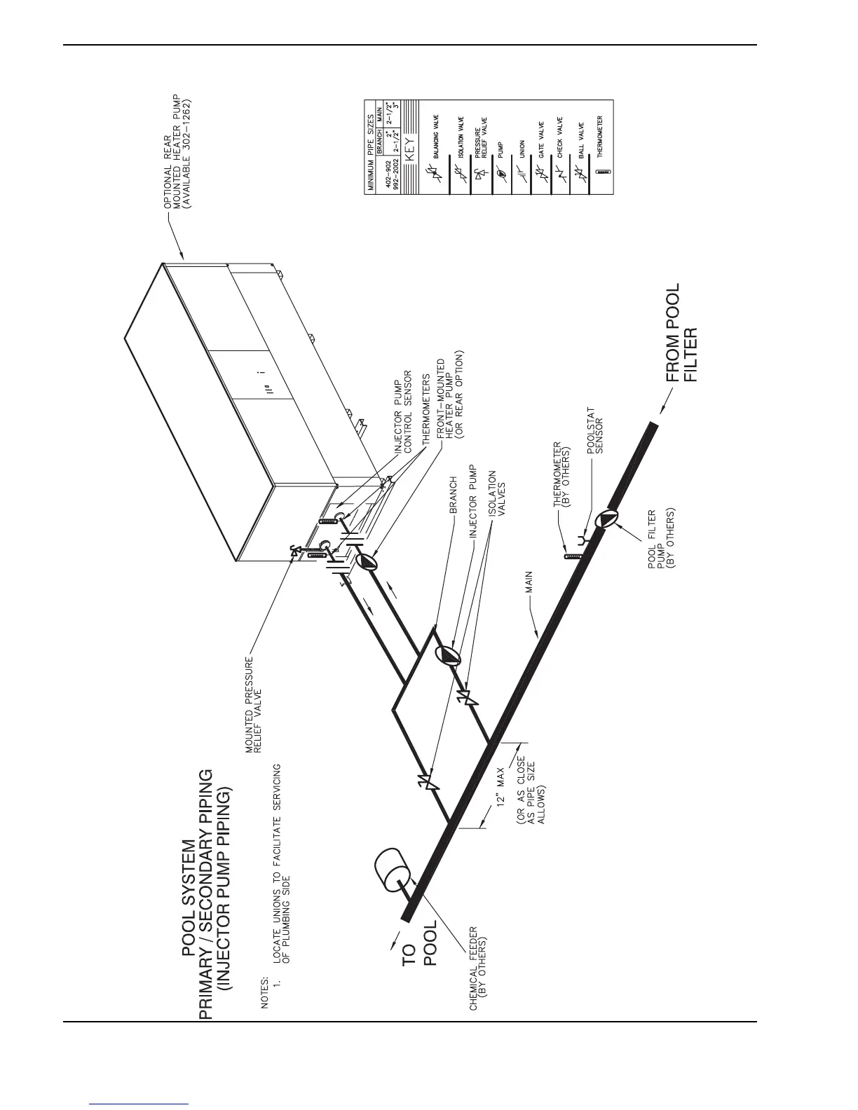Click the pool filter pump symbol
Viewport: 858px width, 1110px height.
tap(607, 519)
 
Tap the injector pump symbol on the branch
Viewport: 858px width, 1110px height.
tap(447, 655)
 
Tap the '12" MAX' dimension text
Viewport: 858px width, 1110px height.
tap(500, 788)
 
